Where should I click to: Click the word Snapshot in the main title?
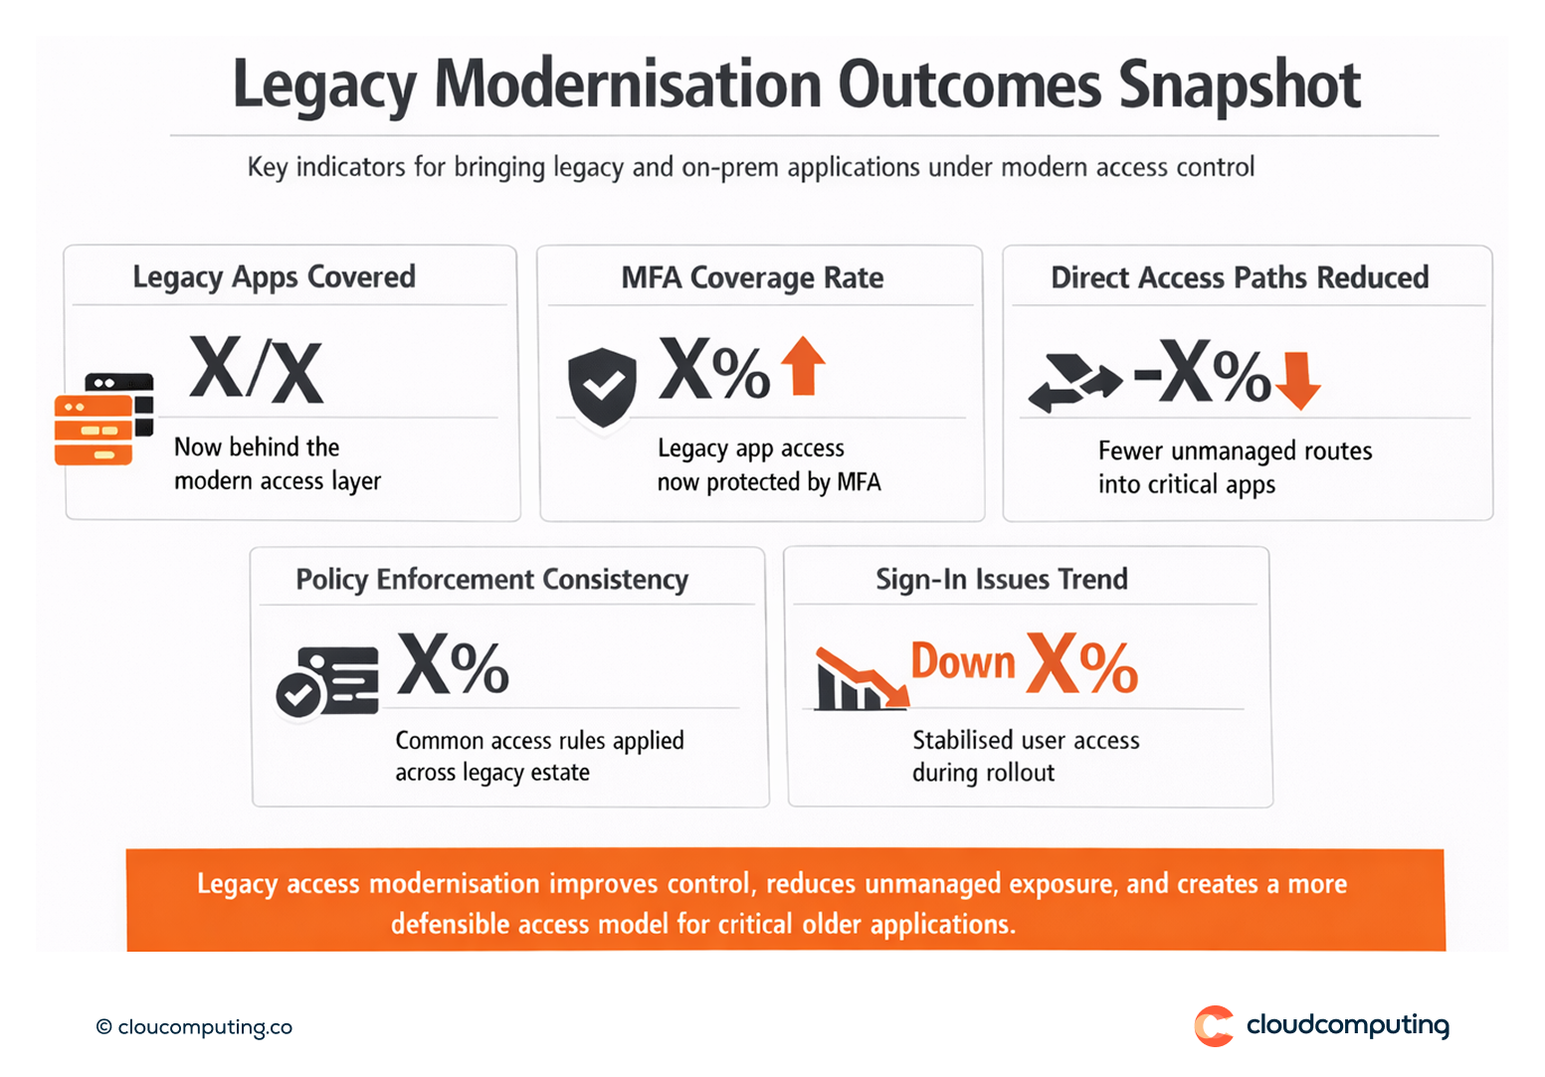click(x=1239, y=86)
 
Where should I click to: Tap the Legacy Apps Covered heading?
click(x=274, y=277)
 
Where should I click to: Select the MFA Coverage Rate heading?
click(x=752, y=277)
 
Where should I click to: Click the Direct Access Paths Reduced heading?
click(x=1240, y=277)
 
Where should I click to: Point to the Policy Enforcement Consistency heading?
click(x=491, y=580)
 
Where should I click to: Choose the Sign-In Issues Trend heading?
click(x=1001, y=579)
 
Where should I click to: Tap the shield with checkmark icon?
click(x=602, y=387)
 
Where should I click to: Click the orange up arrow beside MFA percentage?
click(x=803, y=366)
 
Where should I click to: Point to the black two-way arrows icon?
click(x=1073, y=383)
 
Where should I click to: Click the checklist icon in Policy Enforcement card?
click(x=327, y=681)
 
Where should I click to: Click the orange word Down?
click(x=963, y=662)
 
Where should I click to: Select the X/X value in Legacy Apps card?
click(x=256, y=371)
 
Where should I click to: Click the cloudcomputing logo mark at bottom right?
click(x=1214, y=1026)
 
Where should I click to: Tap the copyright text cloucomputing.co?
click(x=195, y=1027)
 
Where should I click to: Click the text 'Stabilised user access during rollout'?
click(x=1025, y=757)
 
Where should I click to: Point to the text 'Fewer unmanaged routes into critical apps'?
click(x=1234, y=467)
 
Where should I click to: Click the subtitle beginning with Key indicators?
click(x=750, y=167)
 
